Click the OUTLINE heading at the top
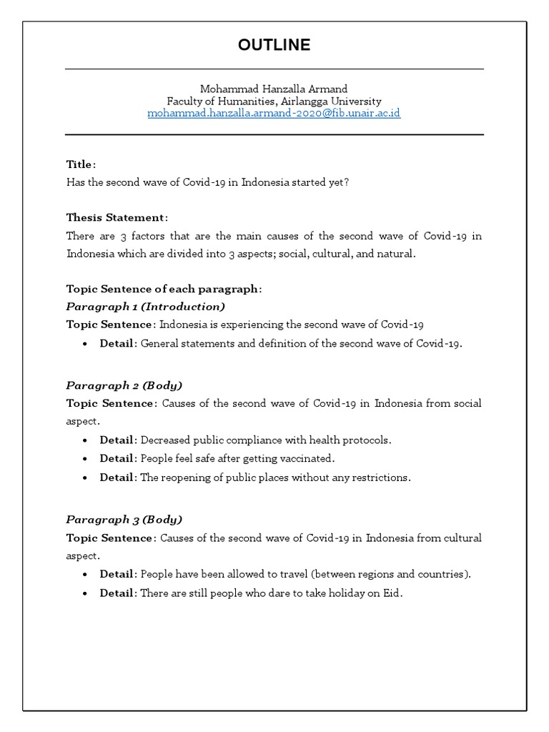[x=274, y=45]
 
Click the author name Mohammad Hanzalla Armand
[x=274, y=89]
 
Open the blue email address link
[x=274, y=114]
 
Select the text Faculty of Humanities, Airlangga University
[x=274, y=102]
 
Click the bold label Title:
[x=81, y=164]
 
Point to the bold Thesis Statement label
[x=117, y=217]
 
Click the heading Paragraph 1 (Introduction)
[x=145, y=307]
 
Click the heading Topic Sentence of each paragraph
[x=164, y=289]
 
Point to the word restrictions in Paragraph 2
[x=383, y=477]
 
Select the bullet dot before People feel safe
[x=86, y=459]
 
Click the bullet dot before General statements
[x=86, y=344]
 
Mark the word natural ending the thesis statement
[x=396, y=254]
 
